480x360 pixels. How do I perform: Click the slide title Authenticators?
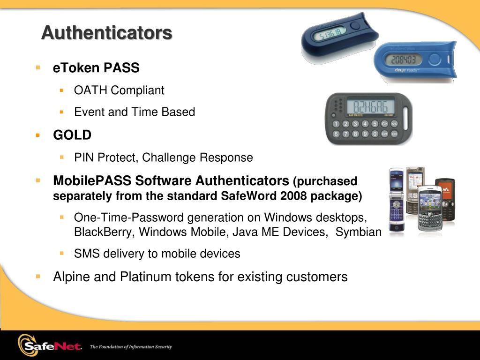point(107,32)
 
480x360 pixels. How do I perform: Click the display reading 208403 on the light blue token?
point(404,59)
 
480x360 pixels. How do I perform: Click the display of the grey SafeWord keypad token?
point(371,106)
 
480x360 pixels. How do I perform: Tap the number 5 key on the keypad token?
point(375,124)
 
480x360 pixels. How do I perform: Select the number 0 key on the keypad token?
point(375,134)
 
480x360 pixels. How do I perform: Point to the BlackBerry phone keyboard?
point(431,220)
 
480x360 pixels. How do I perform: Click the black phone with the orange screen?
point(446,199)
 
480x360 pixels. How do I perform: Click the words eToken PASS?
point(96,67)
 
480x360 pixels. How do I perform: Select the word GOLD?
point(72,135)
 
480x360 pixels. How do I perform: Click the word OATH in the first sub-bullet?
point(90,90)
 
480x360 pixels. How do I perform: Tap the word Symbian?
point(359,232)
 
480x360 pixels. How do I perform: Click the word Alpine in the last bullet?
point(72,277)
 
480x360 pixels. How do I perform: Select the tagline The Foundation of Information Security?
point(131,347)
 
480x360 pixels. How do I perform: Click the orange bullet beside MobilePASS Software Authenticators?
point(38,180)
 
